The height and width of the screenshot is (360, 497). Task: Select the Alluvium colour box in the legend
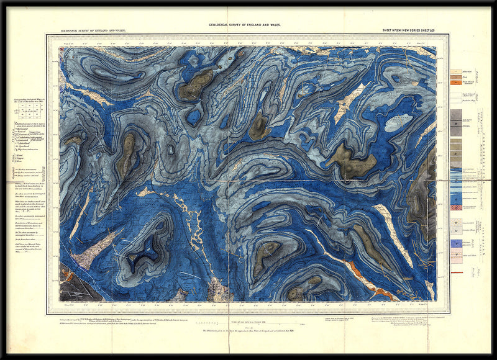coord(455,73)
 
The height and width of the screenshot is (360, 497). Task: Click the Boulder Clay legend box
coord(455,98)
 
